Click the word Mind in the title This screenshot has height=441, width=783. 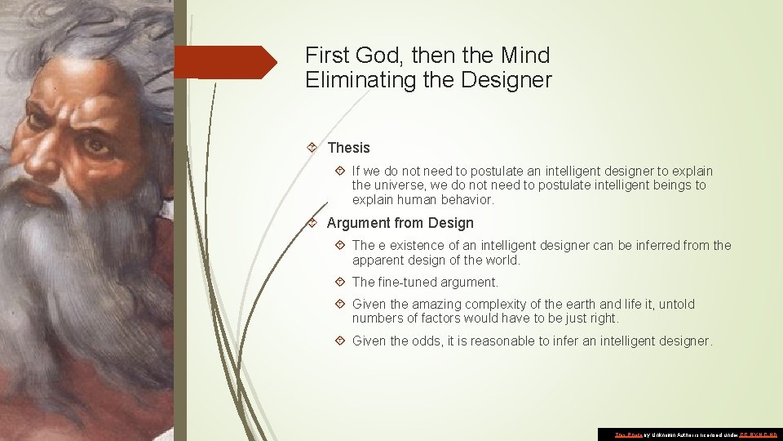point(524,56)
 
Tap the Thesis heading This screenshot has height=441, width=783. point(348,148)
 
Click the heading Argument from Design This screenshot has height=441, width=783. point(400,223)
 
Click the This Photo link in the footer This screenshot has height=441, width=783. point(628,434)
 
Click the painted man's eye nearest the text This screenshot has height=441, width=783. point(97,145)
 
